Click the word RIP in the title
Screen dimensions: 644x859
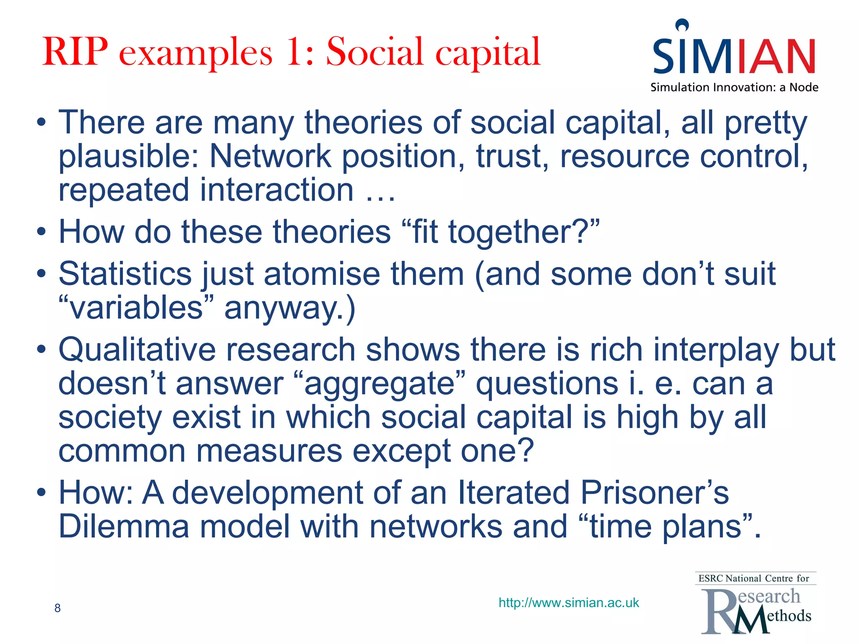point(75,52)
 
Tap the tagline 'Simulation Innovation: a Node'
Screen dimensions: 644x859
point(734,88)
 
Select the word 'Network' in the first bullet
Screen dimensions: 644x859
point(270,156)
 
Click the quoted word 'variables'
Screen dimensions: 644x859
point(137,308)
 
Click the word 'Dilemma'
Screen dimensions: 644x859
point(124,527)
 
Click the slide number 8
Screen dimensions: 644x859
point(57,608)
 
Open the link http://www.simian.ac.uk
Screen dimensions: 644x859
point(569,603)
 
